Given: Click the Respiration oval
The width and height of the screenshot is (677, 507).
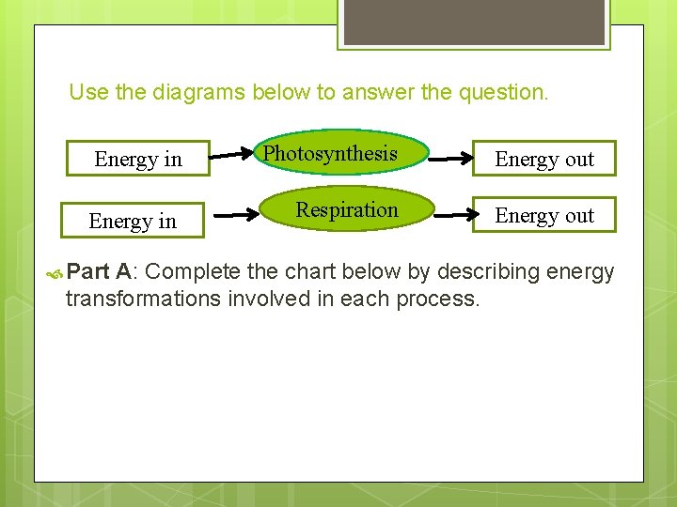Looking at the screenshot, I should coord(347,210).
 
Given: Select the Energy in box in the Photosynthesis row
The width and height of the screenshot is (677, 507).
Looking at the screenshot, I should coord(138,159).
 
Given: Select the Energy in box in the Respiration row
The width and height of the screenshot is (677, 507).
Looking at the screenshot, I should coord(133,221).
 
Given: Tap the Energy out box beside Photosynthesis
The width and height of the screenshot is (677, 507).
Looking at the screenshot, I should coord(544,159).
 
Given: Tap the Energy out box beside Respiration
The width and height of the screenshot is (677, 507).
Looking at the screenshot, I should coord(544,215).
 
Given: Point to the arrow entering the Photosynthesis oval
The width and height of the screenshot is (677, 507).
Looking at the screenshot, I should coord(233,151).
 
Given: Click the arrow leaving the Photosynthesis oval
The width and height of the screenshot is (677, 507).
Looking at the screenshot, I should coord(449,160).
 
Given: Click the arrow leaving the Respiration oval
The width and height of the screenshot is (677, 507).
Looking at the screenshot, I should coord(456,215).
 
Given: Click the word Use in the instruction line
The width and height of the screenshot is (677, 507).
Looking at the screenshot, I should coord(88,92).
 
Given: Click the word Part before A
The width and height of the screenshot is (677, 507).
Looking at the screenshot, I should coord(89,272).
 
